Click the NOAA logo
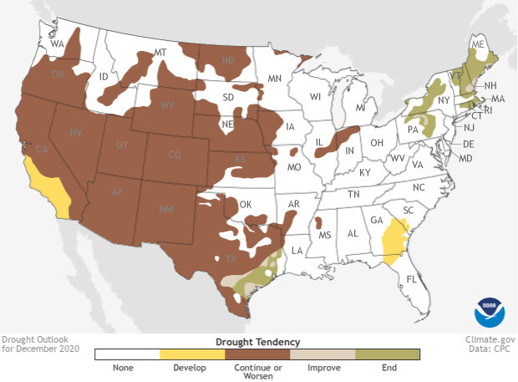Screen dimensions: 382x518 [489, 312]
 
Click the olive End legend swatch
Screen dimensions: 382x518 [388, 354]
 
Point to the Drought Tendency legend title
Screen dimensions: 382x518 [257, 341]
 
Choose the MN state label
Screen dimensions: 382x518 [272, 79]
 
